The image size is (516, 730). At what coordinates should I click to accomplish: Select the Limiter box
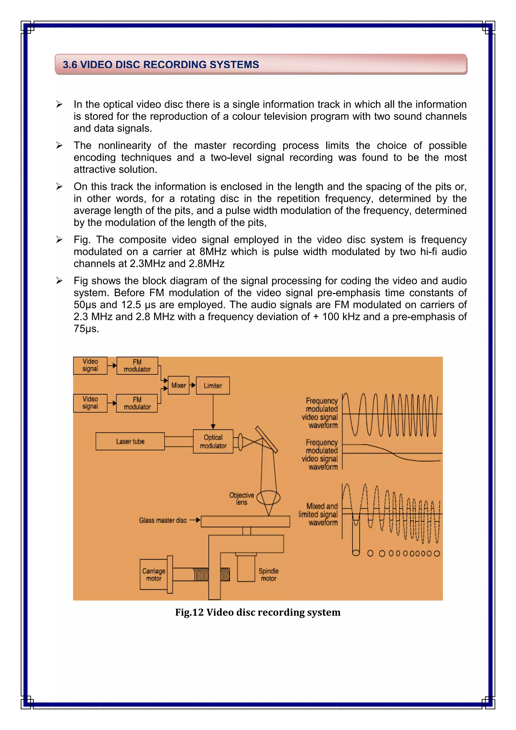coord(213,386)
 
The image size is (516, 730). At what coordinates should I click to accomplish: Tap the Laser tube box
coord(130,441)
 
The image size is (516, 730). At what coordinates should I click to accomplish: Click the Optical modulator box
coord(213,441)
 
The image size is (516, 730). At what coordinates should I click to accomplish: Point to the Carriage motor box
coord(153,574)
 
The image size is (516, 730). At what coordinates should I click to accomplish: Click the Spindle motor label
coord(269,574)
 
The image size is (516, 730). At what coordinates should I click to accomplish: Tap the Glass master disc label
coord(163,521)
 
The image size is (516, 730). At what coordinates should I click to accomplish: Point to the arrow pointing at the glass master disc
coord(195,520)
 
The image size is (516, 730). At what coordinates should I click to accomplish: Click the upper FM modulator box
coord(137,366)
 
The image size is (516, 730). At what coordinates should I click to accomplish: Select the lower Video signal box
coord(90,403)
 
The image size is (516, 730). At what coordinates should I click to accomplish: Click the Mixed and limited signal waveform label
coord(318,514)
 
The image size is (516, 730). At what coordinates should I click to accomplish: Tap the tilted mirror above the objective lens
coord(267,439)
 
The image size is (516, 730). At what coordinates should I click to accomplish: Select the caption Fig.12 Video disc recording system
coord(258,612)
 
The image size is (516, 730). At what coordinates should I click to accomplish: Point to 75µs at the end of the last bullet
coord(86,328)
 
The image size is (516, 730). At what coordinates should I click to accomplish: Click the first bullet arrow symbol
coord(59,104)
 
